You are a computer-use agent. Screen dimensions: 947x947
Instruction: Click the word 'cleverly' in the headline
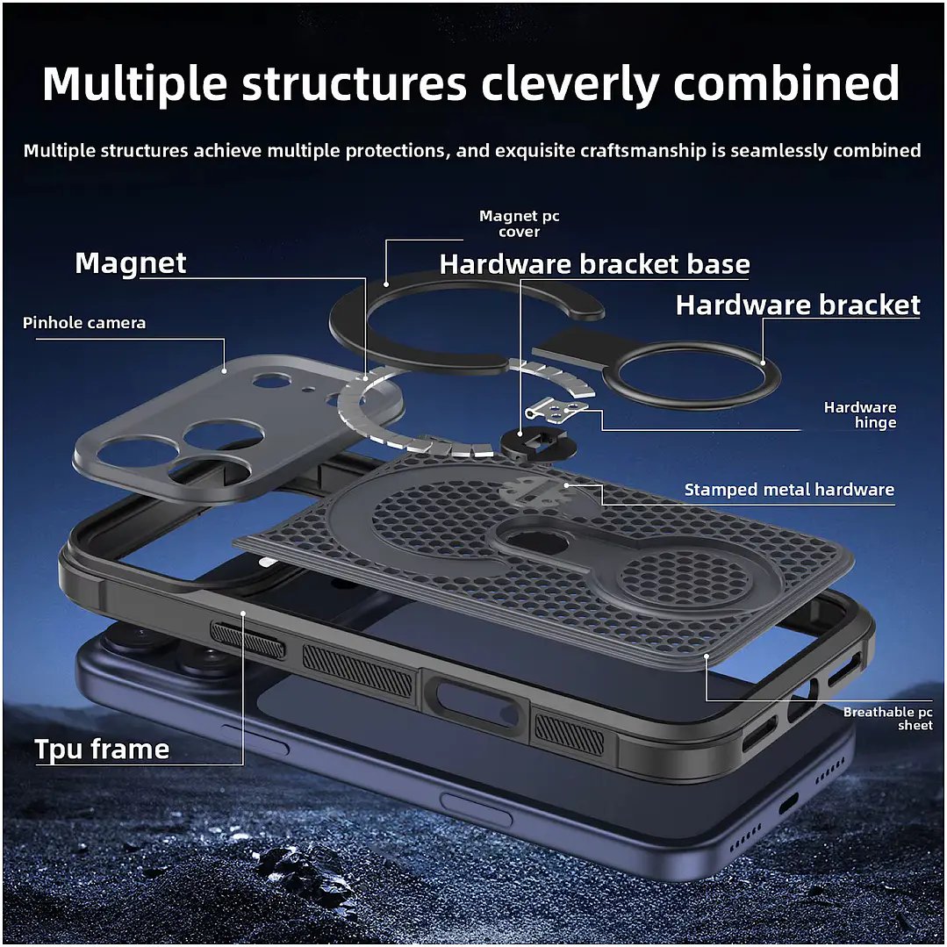point(571,83)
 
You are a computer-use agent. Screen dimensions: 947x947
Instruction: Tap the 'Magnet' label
point(131,263)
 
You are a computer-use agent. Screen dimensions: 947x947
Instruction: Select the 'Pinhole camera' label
point(84,322)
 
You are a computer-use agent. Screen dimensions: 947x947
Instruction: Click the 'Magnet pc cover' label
point(520,224)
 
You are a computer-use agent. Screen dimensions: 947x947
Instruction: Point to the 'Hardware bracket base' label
point(594,264)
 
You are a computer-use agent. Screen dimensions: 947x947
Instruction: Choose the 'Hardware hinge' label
point(860,415)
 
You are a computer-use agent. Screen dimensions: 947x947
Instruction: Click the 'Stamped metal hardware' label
point(789,489)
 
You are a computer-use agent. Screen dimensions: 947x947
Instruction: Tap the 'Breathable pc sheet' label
point(888,718)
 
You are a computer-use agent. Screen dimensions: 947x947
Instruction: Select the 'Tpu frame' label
point(102,749)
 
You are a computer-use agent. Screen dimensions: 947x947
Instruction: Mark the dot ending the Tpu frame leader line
point(243,613)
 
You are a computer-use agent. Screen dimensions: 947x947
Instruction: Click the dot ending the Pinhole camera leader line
point(225,371)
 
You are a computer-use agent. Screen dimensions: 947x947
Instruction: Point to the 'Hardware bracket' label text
point(798,305)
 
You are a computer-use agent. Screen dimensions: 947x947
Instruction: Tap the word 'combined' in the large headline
point(786,83)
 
